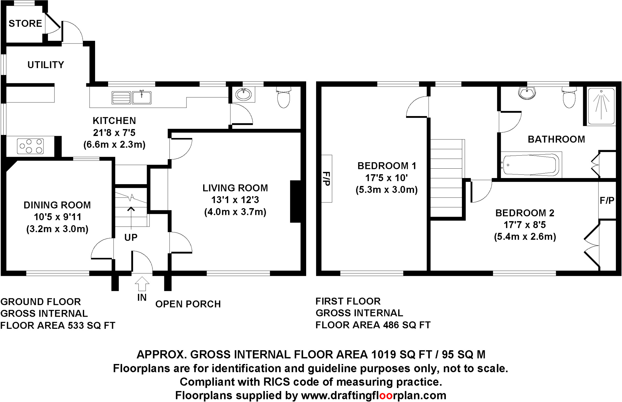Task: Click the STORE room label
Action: coord(25,23)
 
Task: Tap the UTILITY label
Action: coord(46,65)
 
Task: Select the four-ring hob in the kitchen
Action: coord(30,146)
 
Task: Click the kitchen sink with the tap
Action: coord(142,98)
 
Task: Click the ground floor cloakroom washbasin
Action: coord(244,94)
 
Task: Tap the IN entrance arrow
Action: coord(142,284)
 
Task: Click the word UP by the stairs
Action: coord(131,237)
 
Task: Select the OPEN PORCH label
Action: coord(188,304)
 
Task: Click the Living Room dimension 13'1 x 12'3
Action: coord(235,200)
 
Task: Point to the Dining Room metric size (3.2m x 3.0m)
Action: coord(57,229)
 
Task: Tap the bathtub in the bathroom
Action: coord(531,165)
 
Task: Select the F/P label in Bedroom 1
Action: coord(326,179)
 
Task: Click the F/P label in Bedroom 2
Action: coord(607,201)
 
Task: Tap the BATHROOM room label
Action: coord(556,139)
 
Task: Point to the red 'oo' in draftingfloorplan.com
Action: coord(386,395)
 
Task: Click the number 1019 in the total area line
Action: coord(383,354)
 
